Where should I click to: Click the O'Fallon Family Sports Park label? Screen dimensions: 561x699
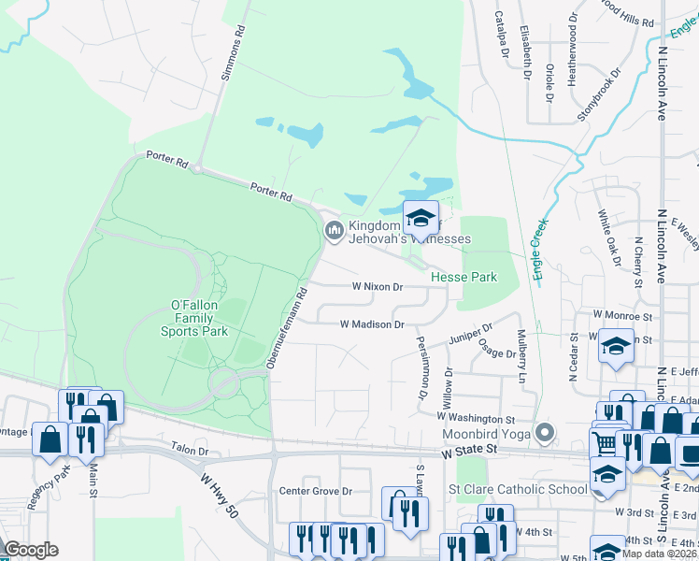(193, 318)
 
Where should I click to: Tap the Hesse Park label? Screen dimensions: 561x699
(464, 277)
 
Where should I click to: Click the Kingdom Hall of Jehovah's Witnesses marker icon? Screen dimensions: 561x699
(334, 230)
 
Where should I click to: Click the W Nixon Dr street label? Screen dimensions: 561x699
(377, 287)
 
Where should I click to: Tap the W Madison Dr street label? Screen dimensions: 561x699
(372, 324)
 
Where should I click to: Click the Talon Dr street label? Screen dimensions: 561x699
(190, 450)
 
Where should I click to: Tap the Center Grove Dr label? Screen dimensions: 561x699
(316, 490)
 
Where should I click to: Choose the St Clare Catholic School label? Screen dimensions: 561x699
(518, 489)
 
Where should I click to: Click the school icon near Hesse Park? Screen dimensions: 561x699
(421, 218)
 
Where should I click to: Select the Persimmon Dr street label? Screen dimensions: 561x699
(421, 368)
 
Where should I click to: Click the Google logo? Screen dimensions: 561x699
(31, 550)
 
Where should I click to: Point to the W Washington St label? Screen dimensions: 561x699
(478, 419)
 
